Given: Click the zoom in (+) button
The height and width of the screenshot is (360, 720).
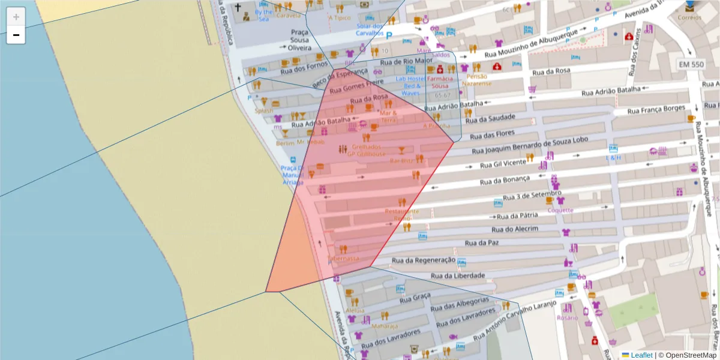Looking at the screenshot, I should [x=16, y=17].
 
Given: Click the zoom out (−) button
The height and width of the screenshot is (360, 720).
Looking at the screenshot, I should [x=16, y=35].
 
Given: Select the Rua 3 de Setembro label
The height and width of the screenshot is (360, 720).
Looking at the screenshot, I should [x=532, y=196].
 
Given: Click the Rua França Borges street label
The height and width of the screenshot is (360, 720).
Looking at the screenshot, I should [x=656, y=109].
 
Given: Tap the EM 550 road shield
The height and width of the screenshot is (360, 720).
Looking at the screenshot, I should [x=691, y=64].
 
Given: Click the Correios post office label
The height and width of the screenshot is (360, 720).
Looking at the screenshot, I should [x=689, y=17].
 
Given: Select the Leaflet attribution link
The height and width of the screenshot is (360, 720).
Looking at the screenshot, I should [x=641, y=355].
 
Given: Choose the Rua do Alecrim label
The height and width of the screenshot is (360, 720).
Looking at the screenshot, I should [x=515, y=229].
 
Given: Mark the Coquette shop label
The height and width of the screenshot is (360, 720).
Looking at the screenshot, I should [x=560, y=210].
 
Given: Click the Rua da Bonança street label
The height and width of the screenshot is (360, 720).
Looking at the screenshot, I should [x=505, y=179].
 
